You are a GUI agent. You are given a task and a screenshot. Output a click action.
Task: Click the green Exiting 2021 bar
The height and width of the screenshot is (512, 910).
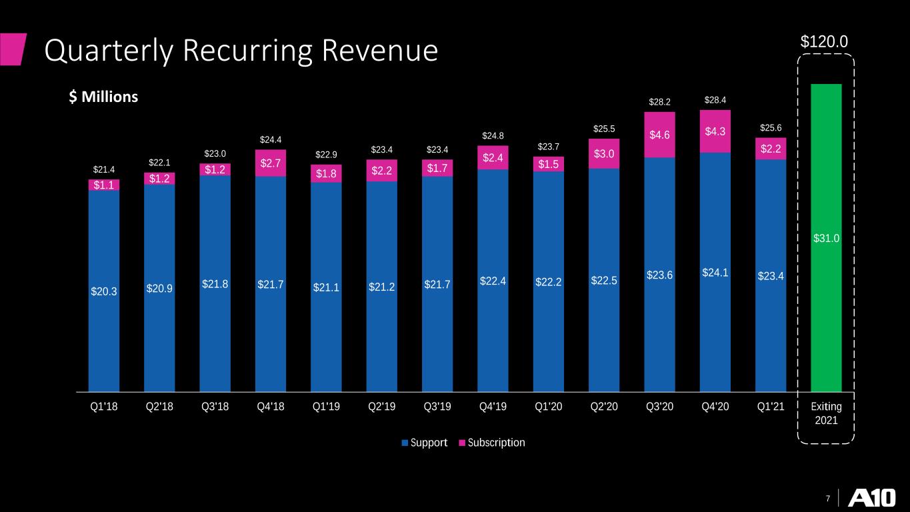826,238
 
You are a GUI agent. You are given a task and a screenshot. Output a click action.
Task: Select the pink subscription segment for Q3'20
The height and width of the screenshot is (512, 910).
659,135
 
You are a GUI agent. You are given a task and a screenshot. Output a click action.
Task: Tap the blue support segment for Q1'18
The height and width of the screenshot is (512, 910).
103,291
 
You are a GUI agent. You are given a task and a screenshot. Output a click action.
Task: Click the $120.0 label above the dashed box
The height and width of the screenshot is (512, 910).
824,41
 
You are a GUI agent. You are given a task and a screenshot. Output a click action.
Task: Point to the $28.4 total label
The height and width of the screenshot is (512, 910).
715,100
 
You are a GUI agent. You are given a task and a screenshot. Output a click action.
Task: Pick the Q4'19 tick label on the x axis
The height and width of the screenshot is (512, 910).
493,407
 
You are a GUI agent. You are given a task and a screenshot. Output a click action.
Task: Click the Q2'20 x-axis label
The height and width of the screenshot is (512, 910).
604,407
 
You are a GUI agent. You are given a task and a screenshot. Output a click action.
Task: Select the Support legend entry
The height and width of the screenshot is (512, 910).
424,443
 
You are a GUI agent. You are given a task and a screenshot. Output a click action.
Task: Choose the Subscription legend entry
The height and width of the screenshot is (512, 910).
491,443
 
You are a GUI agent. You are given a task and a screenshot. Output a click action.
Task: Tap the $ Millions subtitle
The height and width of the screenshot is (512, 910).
103,97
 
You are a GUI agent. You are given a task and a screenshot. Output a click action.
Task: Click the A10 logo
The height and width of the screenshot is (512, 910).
872,497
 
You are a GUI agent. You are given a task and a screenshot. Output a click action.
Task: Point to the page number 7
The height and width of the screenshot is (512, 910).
828,498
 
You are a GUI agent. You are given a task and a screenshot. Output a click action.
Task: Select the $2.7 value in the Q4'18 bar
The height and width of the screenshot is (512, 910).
270,163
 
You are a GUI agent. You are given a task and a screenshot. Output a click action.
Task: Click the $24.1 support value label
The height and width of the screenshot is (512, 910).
715,273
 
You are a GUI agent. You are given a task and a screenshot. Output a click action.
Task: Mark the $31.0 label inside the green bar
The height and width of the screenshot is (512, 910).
826,238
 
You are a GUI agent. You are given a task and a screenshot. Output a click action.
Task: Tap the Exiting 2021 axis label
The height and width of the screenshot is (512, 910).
826,413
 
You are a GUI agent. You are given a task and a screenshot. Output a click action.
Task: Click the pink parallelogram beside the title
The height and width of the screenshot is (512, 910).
13,49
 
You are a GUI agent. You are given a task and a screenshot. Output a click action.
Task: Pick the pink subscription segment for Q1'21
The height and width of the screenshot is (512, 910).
771,149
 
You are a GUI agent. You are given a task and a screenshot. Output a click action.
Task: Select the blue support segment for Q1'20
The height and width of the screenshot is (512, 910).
549,281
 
